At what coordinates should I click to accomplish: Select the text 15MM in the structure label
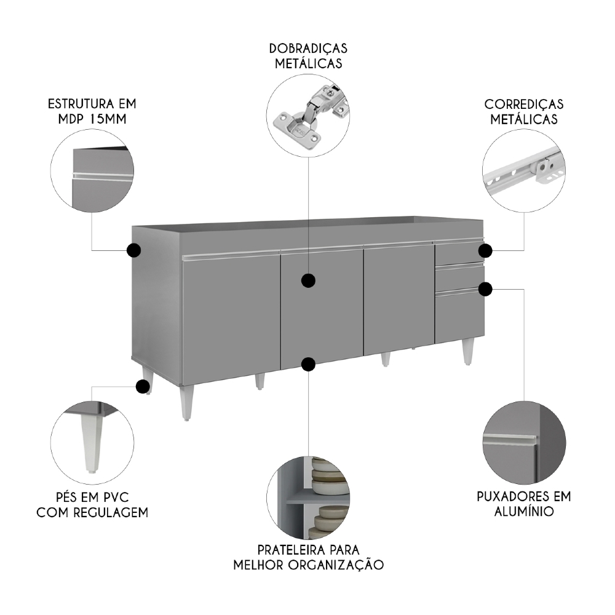[108, 119]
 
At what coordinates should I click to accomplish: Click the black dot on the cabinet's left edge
[133, 250]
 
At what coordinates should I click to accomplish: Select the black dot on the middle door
[309, 281]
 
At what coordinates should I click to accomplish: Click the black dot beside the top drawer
[485, 250]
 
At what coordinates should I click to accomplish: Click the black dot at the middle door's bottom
[309, 365]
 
